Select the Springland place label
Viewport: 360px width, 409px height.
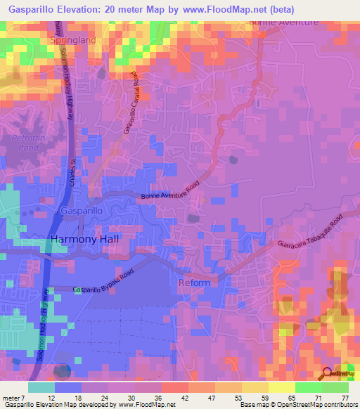(73, 41)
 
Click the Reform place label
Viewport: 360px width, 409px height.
(194, 283)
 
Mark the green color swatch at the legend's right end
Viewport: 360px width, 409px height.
(335, 387)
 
